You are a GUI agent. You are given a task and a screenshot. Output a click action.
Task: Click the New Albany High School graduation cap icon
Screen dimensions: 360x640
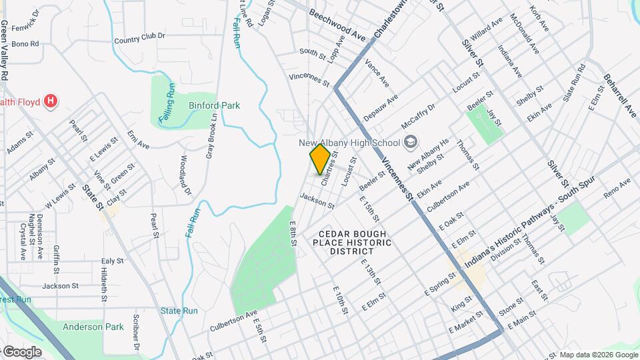(x=411, y=142)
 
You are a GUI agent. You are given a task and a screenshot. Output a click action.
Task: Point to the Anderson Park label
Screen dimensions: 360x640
(x=93, y=327)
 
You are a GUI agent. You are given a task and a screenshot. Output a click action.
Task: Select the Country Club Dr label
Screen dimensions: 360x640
(x=139, y=39)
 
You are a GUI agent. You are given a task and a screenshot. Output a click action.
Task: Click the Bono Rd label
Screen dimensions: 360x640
(x=25, y=44)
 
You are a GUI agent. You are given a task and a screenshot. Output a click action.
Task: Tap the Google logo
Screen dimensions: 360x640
(x=21, y=351)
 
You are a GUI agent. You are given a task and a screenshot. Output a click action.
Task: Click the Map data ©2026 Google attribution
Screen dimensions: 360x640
(x=598, y=355)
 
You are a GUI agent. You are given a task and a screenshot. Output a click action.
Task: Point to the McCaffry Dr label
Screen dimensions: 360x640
(x=418, y=115)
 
